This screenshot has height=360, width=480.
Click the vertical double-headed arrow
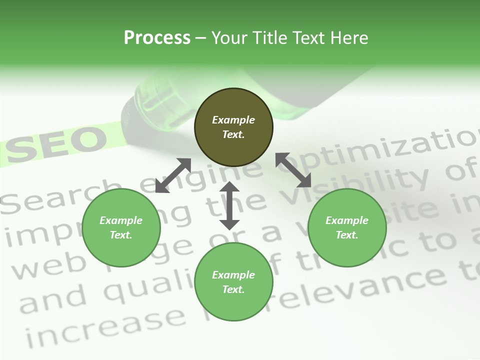pos(229,205)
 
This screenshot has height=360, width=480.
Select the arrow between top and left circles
pos(173,175)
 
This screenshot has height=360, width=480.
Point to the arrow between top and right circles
pos(293,170)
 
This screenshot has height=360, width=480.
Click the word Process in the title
pos(157,37)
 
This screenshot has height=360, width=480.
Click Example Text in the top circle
pos(233,127)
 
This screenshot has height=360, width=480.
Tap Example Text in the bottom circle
pos(233,282)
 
